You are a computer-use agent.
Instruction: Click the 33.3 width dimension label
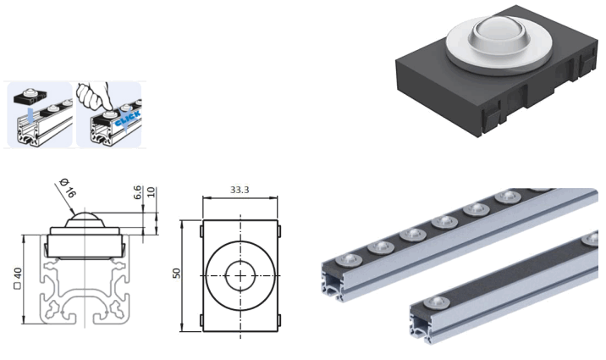[x=240, y=190]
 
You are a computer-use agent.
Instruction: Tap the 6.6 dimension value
[x=138, y=194]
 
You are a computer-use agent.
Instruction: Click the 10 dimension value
[x=151, y=192]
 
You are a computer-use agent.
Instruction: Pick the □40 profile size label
[x=18, y=277]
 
